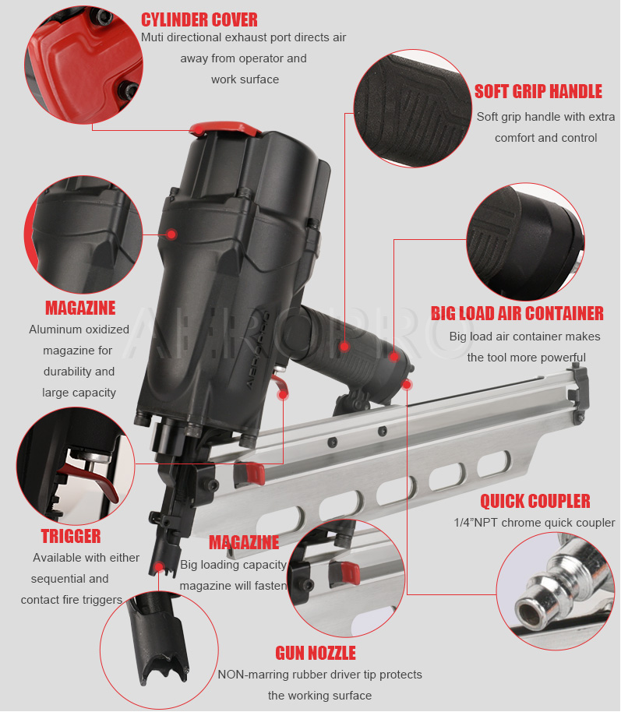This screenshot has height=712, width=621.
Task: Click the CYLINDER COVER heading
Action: [199, 20]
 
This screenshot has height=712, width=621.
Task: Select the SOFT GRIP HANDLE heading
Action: [538, 91]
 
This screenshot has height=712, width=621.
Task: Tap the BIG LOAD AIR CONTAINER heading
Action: [517, 313]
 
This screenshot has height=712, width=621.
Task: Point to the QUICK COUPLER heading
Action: [535, 502]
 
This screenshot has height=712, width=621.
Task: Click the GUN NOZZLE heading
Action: [316, 653]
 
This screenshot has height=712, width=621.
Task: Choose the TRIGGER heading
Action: [71, 536]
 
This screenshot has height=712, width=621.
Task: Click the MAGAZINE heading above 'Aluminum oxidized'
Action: [80, 308]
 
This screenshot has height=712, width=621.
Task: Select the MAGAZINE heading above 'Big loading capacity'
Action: [244, 542]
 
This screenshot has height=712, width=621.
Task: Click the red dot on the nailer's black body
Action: [171, 234]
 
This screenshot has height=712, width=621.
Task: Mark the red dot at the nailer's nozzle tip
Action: [158, 566]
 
